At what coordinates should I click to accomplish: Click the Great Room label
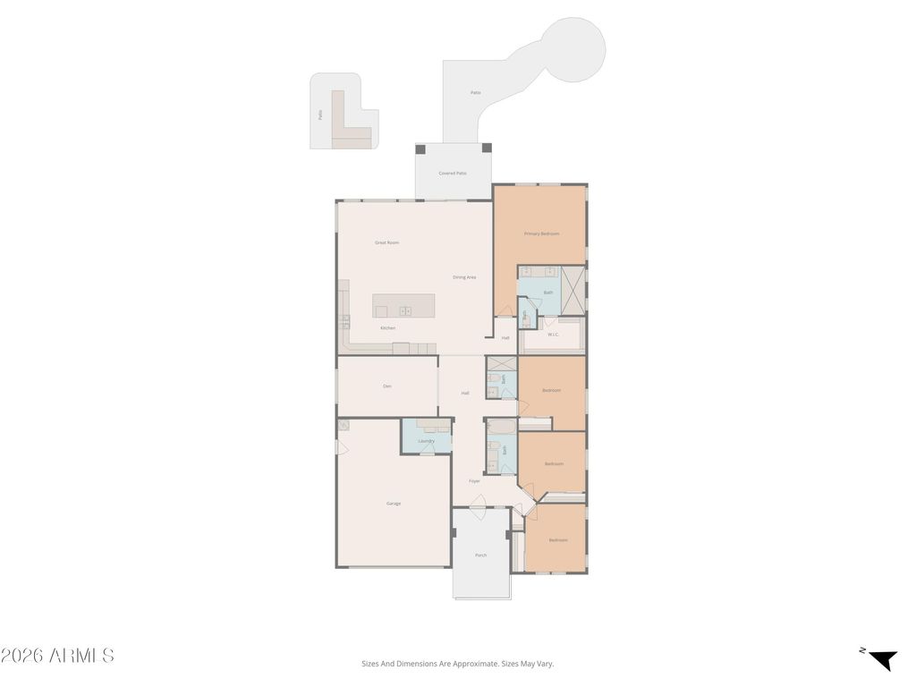[x=386, y=242]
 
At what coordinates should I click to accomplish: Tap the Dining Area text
[x=464, y=277]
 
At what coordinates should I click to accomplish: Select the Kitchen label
[x=387, y=328]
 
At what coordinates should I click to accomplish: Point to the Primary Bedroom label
[x=541, y=233]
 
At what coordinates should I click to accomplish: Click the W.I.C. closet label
[x=553, y=335]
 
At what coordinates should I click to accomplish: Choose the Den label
[x=386, y=386]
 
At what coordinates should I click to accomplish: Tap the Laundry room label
[x=426, y=441]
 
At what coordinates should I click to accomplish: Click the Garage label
[x=393, y=504]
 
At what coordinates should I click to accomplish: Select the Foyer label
[x=474, y=481]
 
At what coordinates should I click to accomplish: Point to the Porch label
[x=481, y=556]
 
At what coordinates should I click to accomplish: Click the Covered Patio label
[x=453, y=173]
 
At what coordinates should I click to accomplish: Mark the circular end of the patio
[x=572, y=49]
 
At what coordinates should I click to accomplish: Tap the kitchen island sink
[x=404, y=311]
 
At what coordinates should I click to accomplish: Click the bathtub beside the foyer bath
[x=500, y=427]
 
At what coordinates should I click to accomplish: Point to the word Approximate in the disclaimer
[x=476, y=664]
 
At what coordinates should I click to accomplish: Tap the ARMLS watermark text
[x=57, y=656]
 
